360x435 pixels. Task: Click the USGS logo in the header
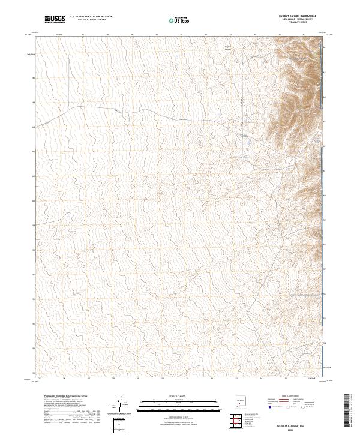point(55,19)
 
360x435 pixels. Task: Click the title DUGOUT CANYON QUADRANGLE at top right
point(298,15)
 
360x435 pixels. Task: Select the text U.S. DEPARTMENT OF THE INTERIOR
point(91,17)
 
